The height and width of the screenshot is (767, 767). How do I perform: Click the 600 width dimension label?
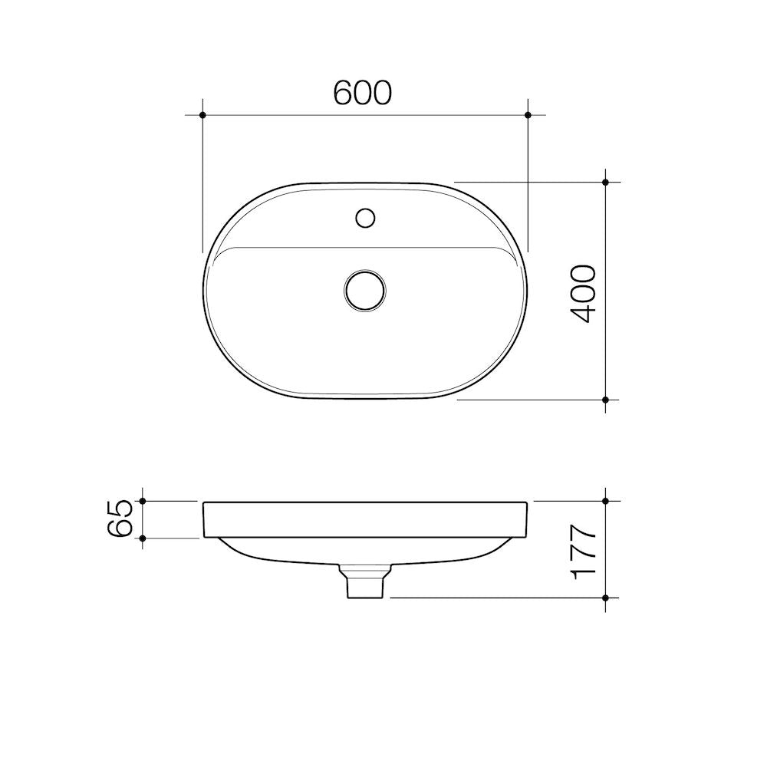[363, 92]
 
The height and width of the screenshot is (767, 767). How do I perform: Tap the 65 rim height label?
[123, 519]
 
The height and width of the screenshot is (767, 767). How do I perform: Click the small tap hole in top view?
[365, 217]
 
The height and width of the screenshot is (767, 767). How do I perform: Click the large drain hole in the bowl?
[365, 290]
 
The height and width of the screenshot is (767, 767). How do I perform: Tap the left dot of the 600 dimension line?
[202, 115]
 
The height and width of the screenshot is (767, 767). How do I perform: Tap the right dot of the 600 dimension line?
[528, 115]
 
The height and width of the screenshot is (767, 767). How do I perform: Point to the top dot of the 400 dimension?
[606, 183]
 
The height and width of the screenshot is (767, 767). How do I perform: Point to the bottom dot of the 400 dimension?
[606, 400]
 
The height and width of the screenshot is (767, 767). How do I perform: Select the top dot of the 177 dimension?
[606, 501]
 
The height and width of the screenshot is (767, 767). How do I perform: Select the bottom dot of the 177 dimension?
[606, 597]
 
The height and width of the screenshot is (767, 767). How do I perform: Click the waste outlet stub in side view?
[365, 585]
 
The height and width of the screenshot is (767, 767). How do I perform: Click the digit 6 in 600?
[344, 92]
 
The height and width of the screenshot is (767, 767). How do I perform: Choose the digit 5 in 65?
[123, 509]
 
